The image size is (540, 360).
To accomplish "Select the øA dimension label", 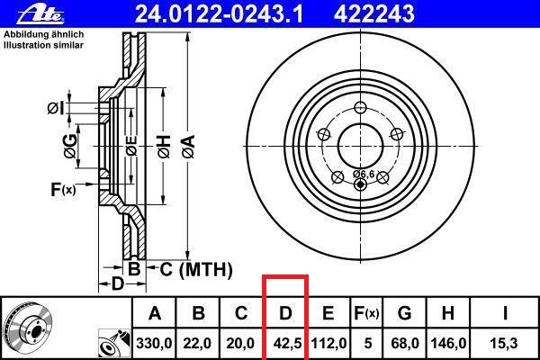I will click(x=188, y=141).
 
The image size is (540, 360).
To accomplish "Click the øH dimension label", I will click(x=163, y=141).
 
